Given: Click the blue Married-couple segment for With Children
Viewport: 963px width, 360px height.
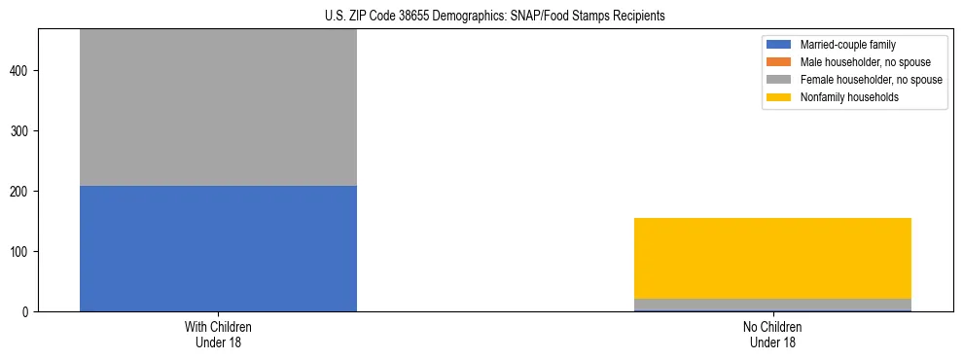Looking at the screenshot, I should point(218,248).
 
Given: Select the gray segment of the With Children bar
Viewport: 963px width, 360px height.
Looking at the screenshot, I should point(218,107).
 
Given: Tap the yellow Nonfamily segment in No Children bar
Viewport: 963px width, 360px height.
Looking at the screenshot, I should point(772,258).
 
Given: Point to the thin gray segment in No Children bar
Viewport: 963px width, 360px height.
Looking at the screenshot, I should point(772,305).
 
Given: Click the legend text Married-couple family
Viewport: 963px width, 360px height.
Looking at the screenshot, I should point(847,45).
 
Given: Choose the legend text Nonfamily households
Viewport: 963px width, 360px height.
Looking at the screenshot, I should point(843,97).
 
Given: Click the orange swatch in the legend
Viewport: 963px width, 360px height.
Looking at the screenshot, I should point(779,62).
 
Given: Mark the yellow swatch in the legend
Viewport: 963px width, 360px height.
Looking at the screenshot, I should point(779,97).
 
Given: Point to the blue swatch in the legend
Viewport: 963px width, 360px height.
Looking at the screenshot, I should point(779,45).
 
